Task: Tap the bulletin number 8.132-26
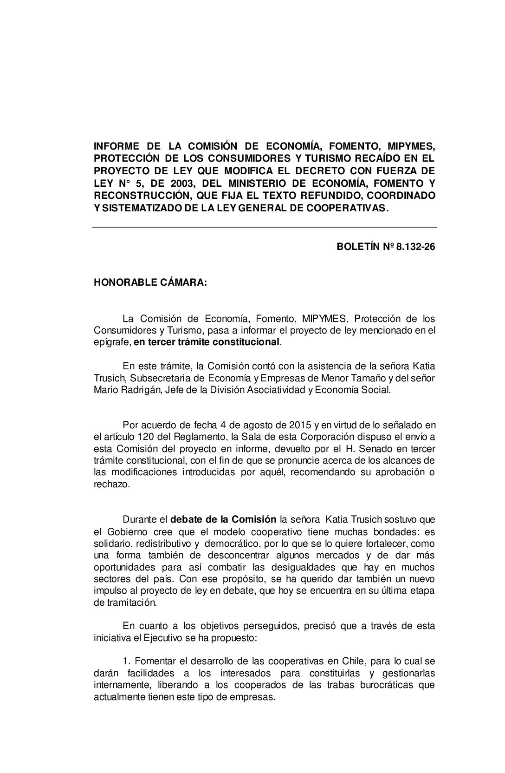point(416,247)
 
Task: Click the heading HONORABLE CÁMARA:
point(150,283)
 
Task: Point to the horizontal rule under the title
point(265,227)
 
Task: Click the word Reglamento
point(201,437)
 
